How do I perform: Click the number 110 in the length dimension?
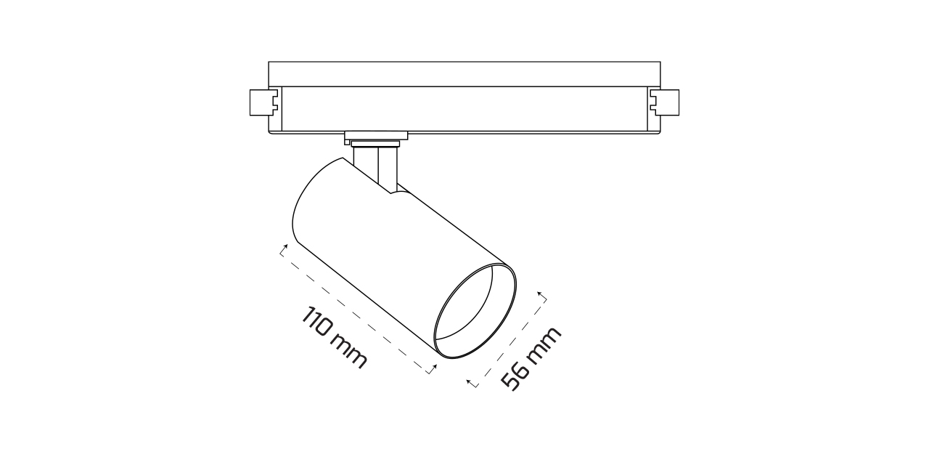point(319,324)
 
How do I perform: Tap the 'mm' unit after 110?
point(350,352)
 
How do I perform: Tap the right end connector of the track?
point(666,102)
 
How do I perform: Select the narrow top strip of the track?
point(464,74)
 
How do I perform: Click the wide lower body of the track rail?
point(464,109)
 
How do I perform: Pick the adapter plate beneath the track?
point(376,137)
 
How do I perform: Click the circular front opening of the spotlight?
point(475,311)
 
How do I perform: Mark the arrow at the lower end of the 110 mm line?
point(433,370)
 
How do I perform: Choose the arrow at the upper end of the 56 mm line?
point(542,296)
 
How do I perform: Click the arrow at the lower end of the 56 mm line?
point(472,383)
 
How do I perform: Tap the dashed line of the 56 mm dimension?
point(508,340)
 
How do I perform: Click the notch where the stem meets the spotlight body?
point(394,190)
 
